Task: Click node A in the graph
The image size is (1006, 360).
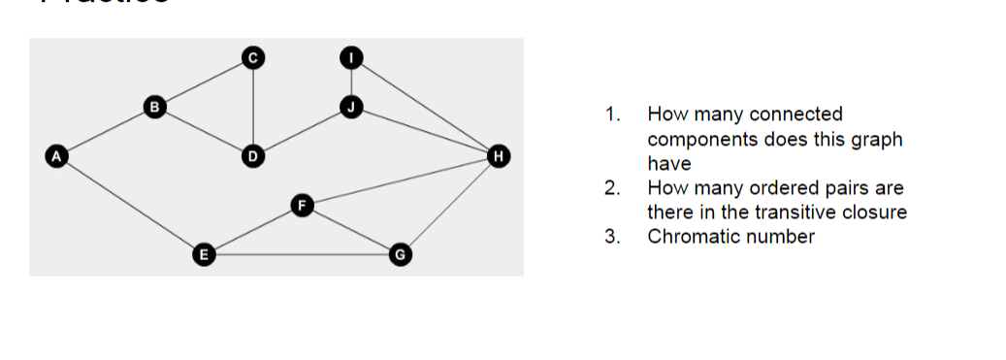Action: pyautogui.click(x=56, y=154)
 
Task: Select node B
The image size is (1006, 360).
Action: pyautogui.click(x=152, y=106)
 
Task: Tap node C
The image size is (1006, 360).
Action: pyautogui.click(x=252, y=58)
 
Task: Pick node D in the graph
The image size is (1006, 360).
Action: pyautogui.click(x=252, y=155)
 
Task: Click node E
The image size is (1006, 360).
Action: pyautogui.click(x=202, y=255)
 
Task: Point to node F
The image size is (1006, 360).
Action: pyautogui.click(x=302, y=205)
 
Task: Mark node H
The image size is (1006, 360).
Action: pyautogui.click(x=499, y=155)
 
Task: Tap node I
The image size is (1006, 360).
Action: pyautogui.click(x=351, y=58)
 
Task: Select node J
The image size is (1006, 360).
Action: pyautogui.click(x=351, y=106)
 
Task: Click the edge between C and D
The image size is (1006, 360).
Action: pyautogui.click(x=252, y=107)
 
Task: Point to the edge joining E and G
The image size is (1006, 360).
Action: pyautogui.click(x=301, y=255)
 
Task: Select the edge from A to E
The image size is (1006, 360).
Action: pyautogui.click(x=129, y=205)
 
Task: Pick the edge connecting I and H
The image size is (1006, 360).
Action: pyautogui.click(x=425, y=107)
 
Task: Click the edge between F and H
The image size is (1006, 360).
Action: pyautogui.click(x=400, y=180)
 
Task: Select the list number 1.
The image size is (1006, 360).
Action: pyautogui.click(x=610, y=115)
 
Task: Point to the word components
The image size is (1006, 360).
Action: pyautogui.click(x=701, y=139)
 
